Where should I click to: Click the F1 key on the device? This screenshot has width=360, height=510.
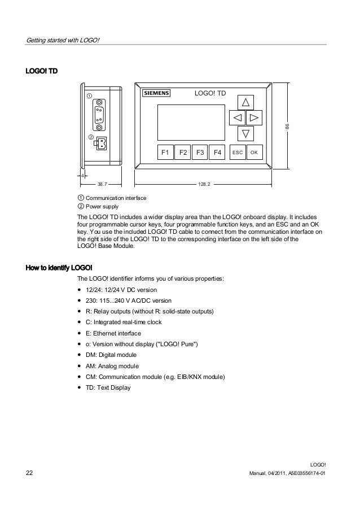tap(165, 152)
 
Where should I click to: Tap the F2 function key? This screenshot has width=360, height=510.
tap(183, 152)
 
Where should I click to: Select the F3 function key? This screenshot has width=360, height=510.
tap(200, 152)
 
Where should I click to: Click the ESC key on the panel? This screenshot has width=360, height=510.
tap(238, 152)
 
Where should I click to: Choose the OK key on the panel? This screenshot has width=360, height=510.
tap(254, 152)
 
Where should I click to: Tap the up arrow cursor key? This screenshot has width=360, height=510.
tap(245, 102)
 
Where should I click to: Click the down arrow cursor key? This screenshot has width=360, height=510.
tap(245, 134)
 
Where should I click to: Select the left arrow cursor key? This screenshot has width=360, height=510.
tap(237, 118)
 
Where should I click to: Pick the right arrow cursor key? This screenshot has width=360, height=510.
tap(254, 118)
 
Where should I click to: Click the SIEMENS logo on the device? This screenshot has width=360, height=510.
tap(155, 94)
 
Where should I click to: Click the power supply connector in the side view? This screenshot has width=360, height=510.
tap(100, 143)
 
